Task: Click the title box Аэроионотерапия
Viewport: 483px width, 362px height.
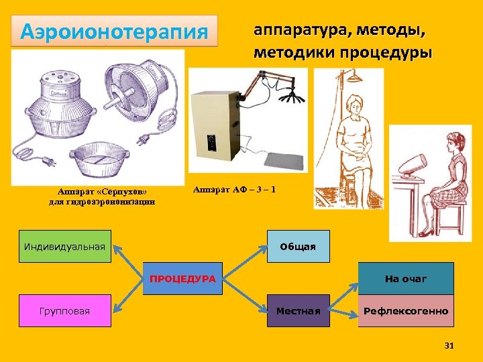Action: [x=115, y=31]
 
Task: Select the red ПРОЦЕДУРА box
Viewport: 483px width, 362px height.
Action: [x=182, y=278]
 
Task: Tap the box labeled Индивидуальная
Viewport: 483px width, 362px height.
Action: [x=64, y=246]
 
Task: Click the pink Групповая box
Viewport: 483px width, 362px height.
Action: [x=64, y=311]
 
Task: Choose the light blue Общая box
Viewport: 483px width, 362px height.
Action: [x=298, y=246]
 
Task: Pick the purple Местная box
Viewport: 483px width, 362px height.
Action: [x=298, y=311]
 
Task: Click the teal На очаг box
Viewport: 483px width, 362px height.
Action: [x=405, y=278]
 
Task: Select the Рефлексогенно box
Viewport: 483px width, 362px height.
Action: [x=405, y=311]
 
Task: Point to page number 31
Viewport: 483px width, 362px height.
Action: [x=449, y=345]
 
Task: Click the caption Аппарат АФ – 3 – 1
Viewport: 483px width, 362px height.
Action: [x=234, y=190]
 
